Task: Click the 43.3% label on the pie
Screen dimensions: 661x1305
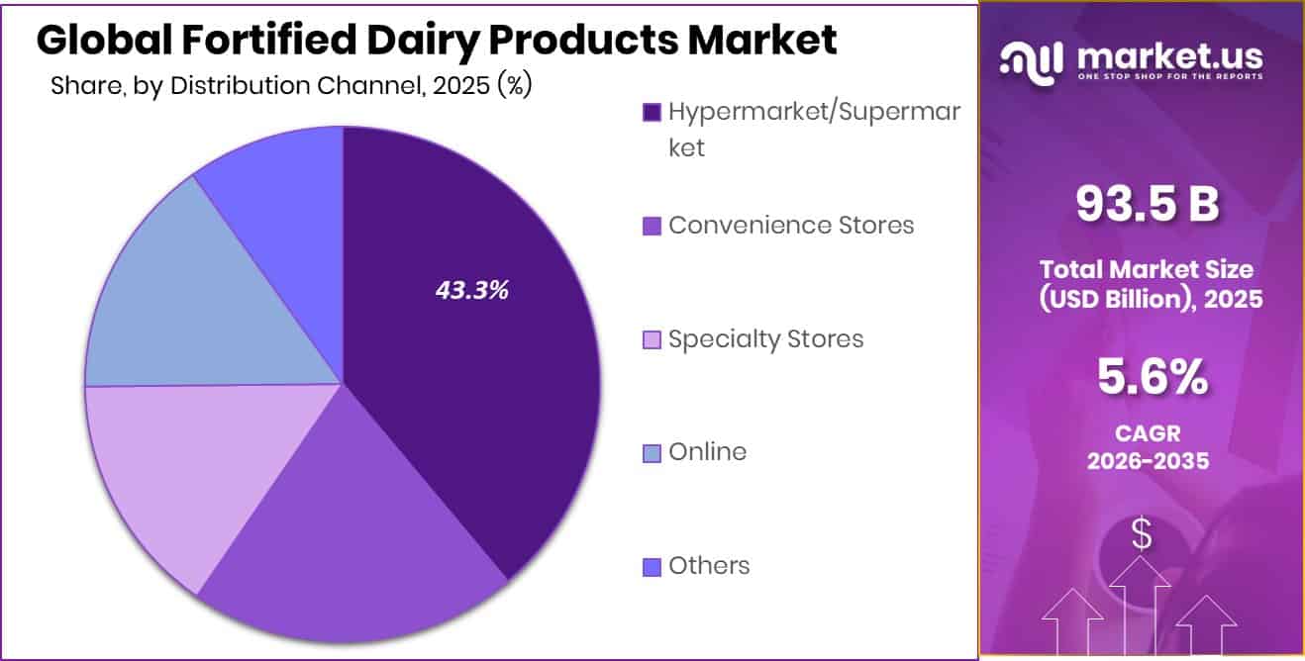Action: pyautogui.click(x=471, y=290)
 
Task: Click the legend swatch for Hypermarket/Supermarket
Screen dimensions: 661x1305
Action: pyautogui.click(x=652, y=113)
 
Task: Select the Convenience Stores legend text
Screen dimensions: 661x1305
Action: pyautogui.click(x=790, y=225)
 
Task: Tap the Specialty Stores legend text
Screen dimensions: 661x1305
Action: pyautogui.click(x=765, y=338)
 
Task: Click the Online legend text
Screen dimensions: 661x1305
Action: pyautogui.click(x=707, y=452)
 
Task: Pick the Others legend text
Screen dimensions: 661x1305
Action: pyautogui.click(x=709, y=566)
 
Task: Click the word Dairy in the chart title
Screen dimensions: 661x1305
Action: pyautogui.click(x=420, y=40)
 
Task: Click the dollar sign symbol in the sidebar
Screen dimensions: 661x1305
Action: pyautogui.click(x=1142, y=535)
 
